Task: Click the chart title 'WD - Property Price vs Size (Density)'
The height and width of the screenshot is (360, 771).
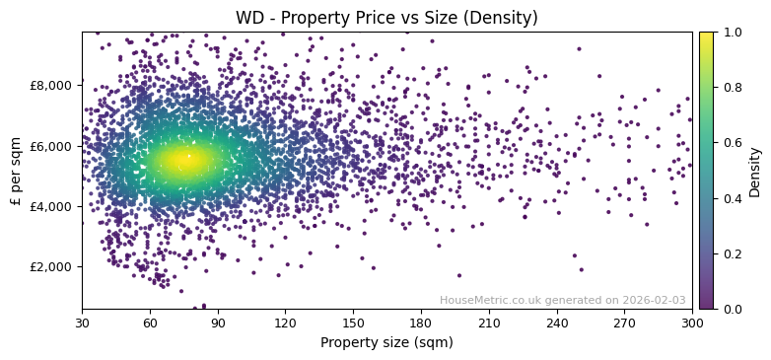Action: [386, 18]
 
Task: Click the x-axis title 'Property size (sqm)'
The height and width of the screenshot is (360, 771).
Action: [386, 343]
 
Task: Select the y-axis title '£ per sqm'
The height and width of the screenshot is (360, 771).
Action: [16, 171]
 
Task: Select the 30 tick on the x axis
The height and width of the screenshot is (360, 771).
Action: [82, 323]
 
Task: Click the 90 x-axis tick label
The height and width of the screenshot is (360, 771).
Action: [218, 323]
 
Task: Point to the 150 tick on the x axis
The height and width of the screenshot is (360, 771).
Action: [353, 323]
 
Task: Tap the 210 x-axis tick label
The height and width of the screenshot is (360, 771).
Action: [489, 323]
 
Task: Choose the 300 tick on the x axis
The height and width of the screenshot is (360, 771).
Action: [692, 323]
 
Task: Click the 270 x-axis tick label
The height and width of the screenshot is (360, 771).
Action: [625, 323]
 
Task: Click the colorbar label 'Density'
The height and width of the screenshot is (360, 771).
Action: [755, 171]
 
